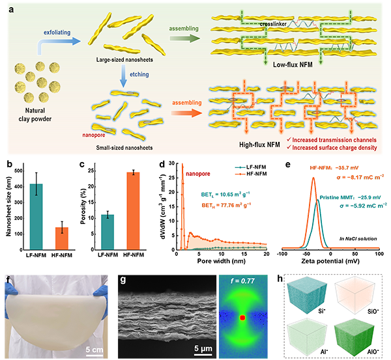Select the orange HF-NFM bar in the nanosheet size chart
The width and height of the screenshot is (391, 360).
pos(62,238)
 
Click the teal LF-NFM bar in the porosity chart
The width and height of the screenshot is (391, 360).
pos(108,232)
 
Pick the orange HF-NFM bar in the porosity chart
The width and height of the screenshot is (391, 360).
pos(133,211)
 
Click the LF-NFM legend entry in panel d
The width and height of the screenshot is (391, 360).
pos(251,167)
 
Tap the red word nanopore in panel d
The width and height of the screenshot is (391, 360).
pos(197,174)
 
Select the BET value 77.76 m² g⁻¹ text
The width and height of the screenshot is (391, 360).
pos(226,205)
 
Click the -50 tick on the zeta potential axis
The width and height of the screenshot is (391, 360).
pos(306,254)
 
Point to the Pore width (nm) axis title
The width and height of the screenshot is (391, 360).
pos(221,261)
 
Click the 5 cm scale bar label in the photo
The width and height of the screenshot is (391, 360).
pos(94,350)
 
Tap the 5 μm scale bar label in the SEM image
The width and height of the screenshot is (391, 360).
pos(203,348)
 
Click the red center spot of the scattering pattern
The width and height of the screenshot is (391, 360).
pos(242,318)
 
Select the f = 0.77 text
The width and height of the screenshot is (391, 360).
pos(242,281)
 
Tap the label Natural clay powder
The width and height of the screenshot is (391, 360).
pos(35,115)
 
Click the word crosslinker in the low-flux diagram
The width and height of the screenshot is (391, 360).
pos(273,24)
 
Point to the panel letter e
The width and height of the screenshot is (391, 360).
pos(288,165)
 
